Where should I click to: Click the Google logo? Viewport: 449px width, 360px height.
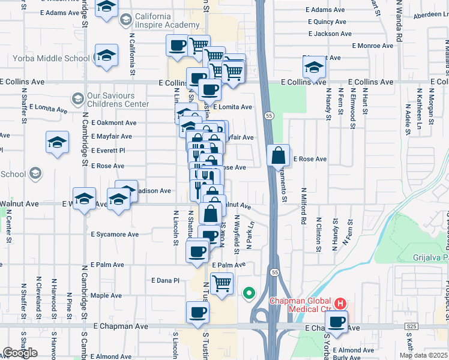(x=20, y=353)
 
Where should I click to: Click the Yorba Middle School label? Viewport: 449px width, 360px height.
(x=52, y=59)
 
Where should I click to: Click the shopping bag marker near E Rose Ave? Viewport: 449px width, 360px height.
(x=279, y=155)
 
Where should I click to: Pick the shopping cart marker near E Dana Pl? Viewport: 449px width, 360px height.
(x=221, y=283)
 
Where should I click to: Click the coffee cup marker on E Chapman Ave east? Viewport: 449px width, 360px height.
(x=338, y=321)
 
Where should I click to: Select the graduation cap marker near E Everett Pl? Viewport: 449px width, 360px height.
(x=57, y=143)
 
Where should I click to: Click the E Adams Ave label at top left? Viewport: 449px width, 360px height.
(x=59, y=13)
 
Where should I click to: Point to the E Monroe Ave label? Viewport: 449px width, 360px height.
(x=372, y=46)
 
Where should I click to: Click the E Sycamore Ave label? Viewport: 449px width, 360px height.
(x=115, y=235)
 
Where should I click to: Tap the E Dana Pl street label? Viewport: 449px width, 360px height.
(x=165, y=280)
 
